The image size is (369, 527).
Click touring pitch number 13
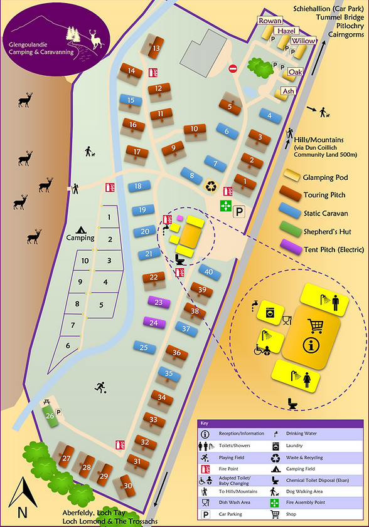(x=154, y=47)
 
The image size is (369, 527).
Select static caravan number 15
(x=131, y=100)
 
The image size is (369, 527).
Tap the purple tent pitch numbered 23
(x=159, y=302)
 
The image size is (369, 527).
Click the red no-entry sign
(x=233, y=68)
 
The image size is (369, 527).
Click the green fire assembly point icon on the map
(x=225, y=205)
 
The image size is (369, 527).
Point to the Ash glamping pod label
(x=288, y=91)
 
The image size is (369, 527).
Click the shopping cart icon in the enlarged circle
(x=315, y=325)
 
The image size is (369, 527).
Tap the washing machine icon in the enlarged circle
(x=270, y=311)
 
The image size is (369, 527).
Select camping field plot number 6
(x=67, y=345)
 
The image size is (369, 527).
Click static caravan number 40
(x=208, y=272)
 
